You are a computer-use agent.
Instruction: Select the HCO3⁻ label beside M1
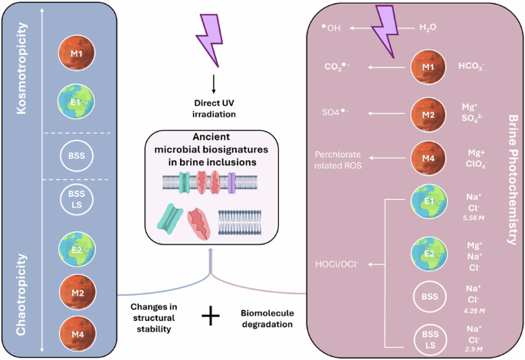(471, 67)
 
